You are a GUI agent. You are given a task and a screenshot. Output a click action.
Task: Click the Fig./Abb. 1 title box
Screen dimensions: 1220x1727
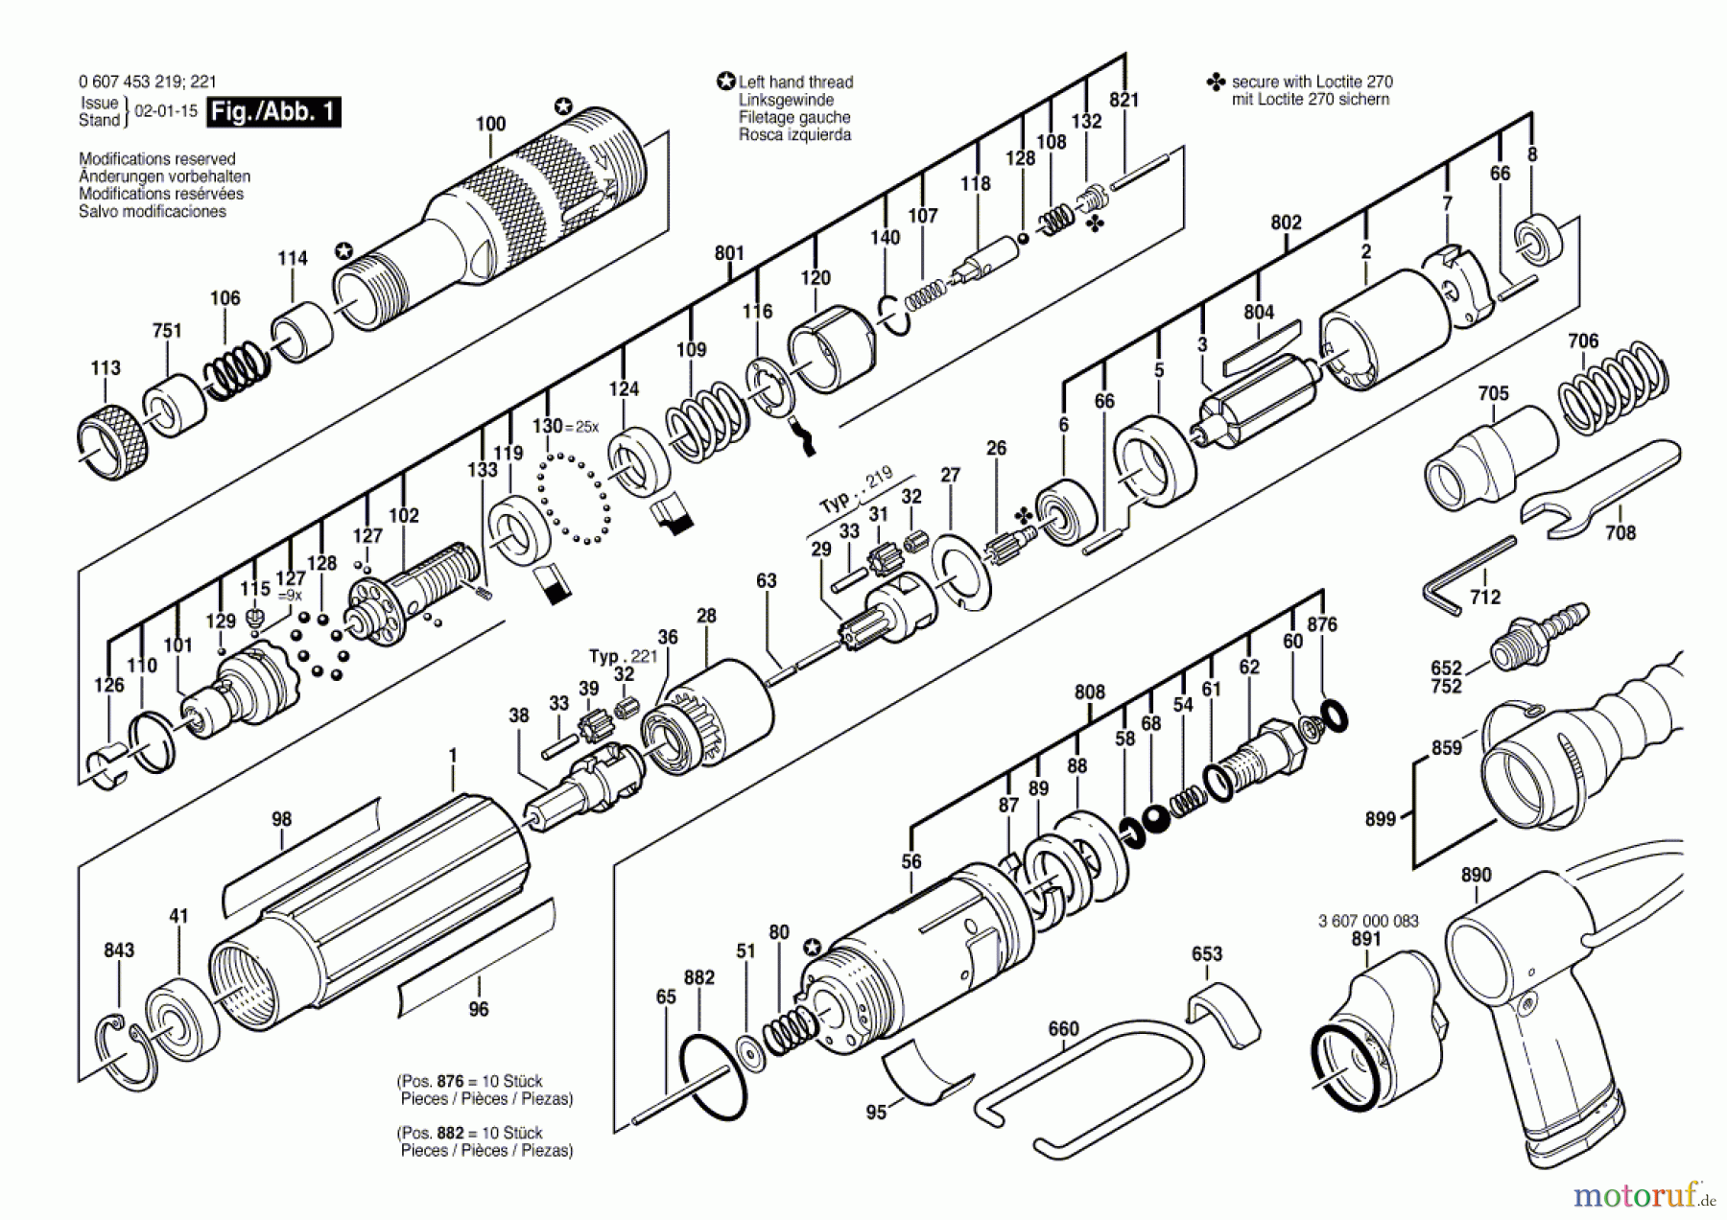273,112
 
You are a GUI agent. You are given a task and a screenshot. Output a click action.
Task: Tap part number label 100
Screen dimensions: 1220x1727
490,124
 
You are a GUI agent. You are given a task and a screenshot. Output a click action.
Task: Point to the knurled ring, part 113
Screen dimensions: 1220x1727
112,444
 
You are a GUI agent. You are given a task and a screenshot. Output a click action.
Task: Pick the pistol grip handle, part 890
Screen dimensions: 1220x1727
1535,997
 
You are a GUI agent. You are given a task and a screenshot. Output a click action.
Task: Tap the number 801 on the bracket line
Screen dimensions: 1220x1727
729,253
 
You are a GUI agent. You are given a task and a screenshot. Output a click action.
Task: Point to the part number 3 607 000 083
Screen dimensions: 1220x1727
1368,921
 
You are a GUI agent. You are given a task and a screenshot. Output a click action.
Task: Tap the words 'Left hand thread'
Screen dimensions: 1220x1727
795,82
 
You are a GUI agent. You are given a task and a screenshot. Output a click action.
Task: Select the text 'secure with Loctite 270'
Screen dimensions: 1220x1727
1312,82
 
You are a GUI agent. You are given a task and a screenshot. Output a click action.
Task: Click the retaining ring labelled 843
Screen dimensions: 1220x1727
124,1051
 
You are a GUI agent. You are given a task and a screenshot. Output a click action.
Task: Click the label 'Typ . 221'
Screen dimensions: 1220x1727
623,656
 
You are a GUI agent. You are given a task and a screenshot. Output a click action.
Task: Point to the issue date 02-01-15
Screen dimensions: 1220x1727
166,111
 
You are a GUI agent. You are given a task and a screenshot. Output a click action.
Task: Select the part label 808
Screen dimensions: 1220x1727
1089,692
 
